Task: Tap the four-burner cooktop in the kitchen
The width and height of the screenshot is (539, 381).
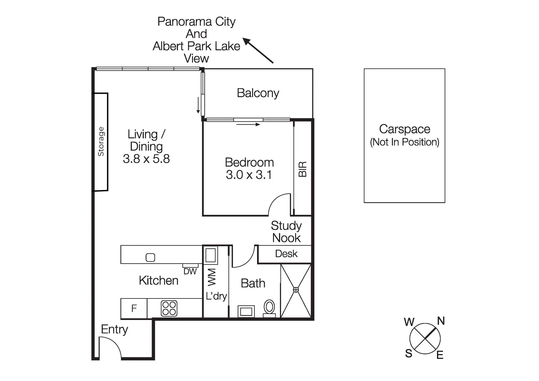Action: coord(169,308)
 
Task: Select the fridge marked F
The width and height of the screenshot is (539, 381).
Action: coord(134,308)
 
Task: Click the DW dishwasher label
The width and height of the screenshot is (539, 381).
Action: coord(190,272)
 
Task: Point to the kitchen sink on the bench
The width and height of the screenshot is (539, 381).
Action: coord(150,257)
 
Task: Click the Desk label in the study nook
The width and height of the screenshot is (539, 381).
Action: coord(286,254)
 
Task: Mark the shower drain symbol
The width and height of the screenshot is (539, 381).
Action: coord(296,290)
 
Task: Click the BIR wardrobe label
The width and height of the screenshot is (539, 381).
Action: coord(303,169)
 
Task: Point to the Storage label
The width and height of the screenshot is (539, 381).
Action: coord(101,141)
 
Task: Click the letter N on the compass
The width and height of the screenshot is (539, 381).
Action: coord(441,321)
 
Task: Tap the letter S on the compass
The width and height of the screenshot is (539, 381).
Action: coord(409,353)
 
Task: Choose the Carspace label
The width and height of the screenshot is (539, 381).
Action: coord(404,129)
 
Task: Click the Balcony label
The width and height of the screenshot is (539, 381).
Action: coord(258,93)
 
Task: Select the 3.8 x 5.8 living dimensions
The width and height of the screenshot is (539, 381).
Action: coord(146,159)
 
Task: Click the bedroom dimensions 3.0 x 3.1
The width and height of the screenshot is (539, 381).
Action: coord(249,175)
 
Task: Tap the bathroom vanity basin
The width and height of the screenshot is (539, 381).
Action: coord(246,312)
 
